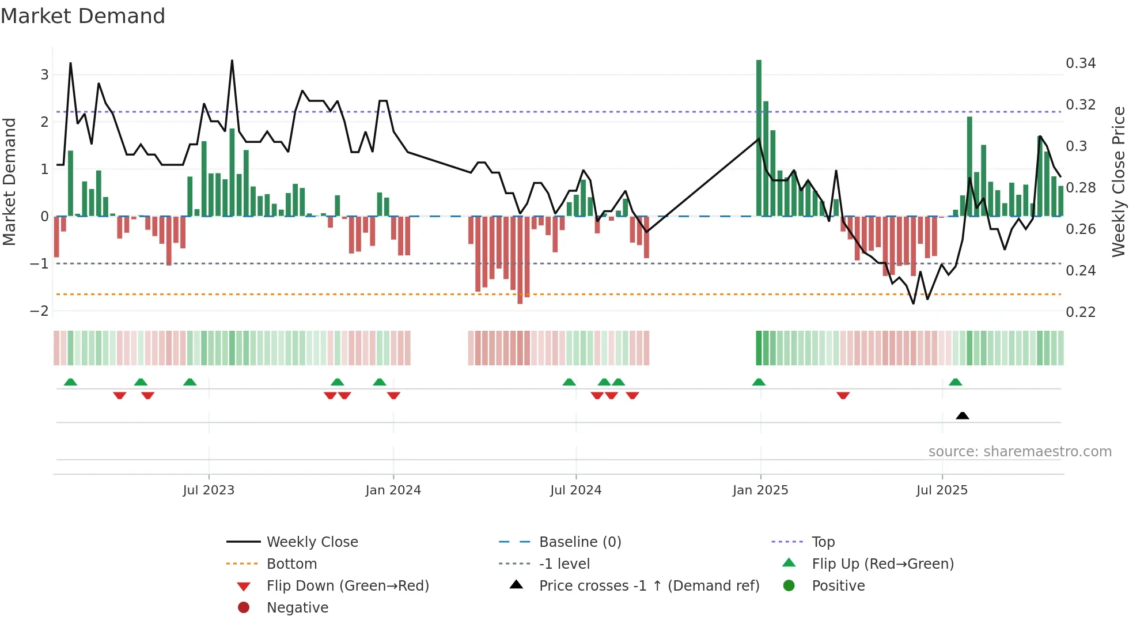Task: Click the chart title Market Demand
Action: click(x=83, y=16)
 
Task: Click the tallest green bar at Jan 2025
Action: click(x=759, y=138)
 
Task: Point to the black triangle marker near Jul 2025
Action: click(x=962, y=415)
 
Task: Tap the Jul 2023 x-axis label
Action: click(x=209, y=490)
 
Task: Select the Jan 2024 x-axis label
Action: click(x=393, y=490)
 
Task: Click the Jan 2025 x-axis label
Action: click(x=760, y=490)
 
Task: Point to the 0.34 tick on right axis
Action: click(x=1081, y=63)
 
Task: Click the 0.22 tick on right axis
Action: click(x=1081, y=312)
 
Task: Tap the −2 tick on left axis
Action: click(x=39, y=311)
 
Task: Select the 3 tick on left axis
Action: click(x=44, y=74)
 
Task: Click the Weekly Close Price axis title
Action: click(x=1118, y=182)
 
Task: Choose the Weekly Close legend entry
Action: click(x=312, y=542)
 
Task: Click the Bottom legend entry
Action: click(x=291, y=564)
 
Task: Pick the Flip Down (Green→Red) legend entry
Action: click(x=347, y=586)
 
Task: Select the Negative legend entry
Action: click(x=297, y=608)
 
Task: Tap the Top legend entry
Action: click(x=823, y=542)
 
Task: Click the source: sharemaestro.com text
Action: click(x=1020, y=452)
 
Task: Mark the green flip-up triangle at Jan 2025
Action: click(x=759, y=382)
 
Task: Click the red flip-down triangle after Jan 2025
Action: click(x=843, y=395)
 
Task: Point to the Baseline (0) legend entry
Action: click(x=579, y=542)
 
